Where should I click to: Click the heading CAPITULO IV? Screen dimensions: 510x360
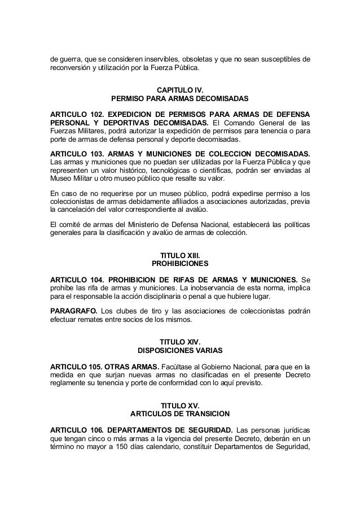[x=180, y=90]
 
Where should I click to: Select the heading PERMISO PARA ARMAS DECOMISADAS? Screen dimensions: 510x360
[x=180, y=99]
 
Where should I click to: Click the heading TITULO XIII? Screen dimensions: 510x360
[x=180, y=255]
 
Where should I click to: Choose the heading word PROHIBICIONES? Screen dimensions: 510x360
[x=180, y=264]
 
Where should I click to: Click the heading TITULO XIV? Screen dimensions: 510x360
[x=180, y=342]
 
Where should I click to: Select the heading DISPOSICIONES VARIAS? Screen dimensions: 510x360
[x=180, y=351]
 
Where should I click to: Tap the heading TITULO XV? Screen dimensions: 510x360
[x=180, y=406]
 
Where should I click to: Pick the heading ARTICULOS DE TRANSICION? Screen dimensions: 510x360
[x=180, y=415]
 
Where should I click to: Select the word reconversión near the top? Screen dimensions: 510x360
[x=70, y=67]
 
